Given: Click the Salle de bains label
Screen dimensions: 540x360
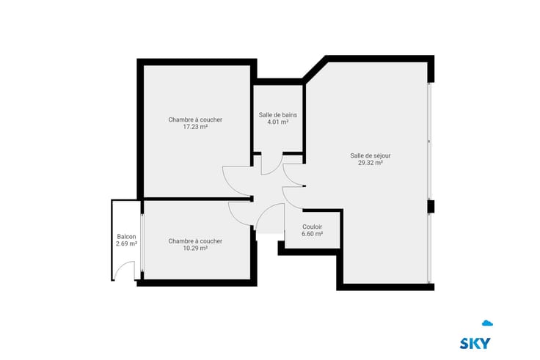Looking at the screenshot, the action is point(277,115).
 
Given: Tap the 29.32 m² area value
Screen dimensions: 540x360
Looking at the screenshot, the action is point(371,163).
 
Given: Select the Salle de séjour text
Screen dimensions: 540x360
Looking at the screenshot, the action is point(371,155).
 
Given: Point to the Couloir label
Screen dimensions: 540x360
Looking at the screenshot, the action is point(312,227).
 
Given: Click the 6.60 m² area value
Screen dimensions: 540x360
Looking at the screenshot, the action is point(312,234).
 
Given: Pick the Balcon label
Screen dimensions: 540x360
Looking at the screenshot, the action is point(126,237).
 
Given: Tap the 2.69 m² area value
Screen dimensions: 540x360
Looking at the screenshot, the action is point(126,243).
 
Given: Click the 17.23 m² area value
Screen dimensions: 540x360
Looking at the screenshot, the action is point(195,127).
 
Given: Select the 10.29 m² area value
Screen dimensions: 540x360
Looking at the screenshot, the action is point(195,248).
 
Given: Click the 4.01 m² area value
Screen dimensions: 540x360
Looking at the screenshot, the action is point(277,122).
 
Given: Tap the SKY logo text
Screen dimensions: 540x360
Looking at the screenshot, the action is point(475,343).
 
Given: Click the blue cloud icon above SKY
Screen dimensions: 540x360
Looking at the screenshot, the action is point(487,323).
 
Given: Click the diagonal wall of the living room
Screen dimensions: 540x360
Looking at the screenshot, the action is point(315,68).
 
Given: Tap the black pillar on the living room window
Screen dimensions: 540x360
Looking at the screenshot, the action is point(431,207).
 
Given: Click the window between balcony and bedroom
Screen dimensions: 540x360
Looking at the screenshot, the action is point(142,243).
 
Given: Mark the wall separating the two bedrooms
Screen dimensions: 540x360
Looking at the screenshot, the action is point(197,199).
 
